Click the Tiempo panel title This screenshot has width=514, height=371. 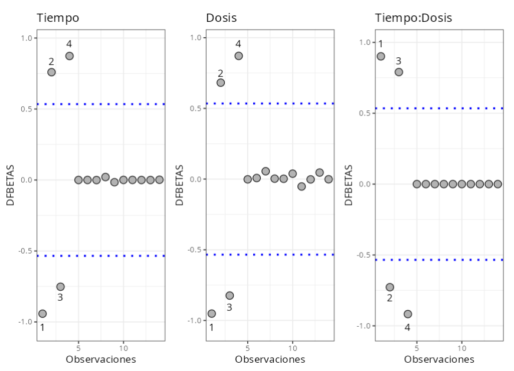click(58, 18)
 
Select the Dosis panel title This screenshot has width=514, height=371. click(221, 18)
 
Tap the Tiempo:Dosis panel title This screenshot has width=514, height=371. click(414, 18)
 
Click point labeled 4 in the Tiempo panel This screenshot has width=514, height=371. click(69, 56)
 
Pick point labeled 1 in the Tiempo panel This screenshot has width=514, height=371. click(42, 313)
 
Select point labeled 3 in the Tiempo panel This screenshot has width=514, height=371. click(60, 287)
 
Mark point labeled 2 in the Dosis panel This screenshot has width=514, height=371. click(221, 83)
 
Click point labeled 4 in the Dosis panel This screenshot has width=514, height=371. click(238, 56)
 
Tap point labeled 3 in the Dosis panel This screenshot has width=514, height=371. click(230, 296)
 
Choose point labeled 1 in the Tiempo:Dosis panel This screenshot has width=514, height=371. click(381, 57)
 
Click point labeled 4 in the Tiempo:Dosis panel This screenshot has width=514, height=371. click(407, 314)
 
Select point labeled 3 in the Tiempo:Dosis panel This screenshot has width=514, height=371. click(398, 72)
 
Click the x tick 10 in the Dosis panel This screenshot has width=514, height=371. click(292, 346)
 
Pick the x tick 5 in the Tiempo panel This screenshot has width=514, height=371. click(78, 346)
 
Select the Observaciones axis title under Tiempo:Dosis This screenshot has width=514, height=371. click(439, 359)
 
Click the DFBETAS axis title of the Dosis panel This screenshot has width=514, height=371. click(180, 185)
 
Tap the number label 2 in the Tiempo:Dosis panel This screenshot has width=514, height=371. click(389, 298)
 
